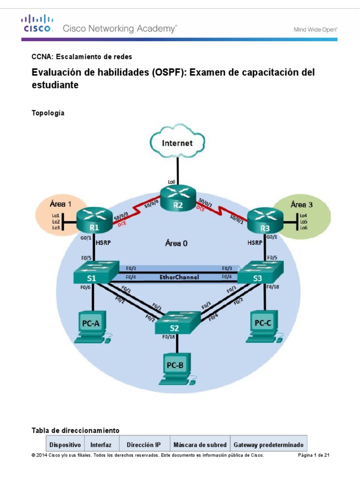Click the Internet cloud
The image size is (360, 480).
pos(177,142)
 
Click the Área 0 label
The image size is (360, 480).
pos(177,243)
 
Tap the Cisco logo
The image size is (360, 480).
pos(38,24)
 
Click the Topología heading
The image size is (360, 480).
pos(48,113)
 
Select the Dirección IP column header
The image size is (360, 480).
pos(143,444)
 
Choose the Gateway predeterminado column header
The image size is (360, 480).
pos(268,444)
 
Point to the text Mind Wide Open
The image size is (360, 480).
pos(315,29)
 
